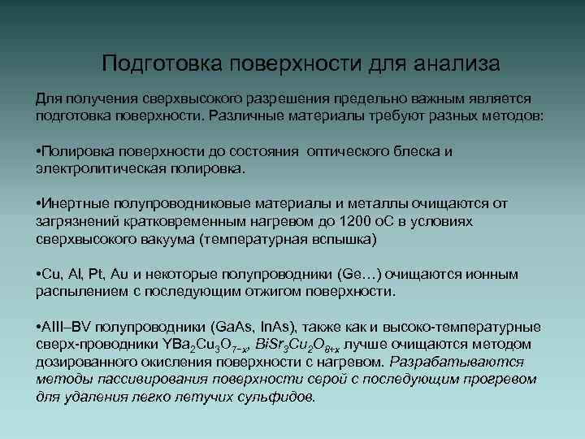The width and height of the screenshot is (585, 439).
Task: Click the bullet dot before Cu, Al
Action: tap(40, 274)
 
